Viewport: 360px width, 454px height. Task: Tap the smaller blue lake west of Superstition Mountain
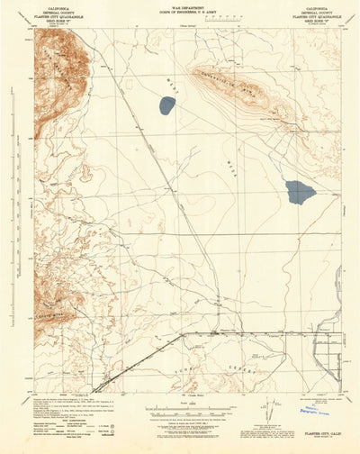pyautogui.click(x=166, y=105)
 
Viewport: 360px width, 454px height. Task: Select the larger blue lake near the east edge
pyautogui.click(x=300, y=191)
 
